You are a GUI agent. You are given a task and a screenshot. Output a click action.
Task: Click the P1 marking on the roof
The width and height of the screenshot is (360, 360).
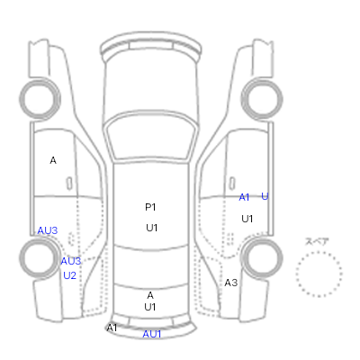click(150, 207)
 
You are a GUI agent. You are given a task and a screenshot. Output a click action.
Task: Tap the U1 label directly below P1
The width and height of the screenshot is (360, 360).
click(151, 228)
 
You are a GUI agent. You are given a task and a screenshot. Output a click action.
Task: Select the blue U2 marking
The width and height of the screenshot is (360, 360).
click(69, 275)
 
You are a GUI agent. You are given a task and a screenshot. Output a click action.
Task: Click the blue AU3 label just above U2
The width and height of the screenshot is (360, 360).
click(71, 261)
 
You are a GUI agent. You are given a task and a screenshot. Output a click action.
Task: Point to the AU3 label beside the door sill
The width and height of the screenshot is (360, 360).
click(48, 230)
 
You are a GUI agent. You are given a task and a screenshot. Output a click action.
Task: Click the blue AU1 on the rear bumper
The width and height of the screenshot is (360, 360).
click(152, 334)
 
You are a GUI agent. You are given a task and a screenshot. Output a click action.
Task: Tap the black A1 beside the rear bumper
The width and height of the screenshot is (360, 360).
click(112, 328)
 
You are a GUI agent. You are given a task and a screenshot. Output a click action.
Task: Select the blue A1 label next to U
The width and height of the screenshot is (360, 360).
click(244, 197)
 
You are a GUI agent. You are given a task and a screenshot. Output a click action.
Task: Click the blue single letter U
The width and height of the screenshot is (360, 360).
click(265, 196)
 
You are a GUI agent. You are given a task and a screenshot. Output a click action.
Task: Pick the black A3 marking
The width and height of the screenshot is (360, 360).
click(231, 283)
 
